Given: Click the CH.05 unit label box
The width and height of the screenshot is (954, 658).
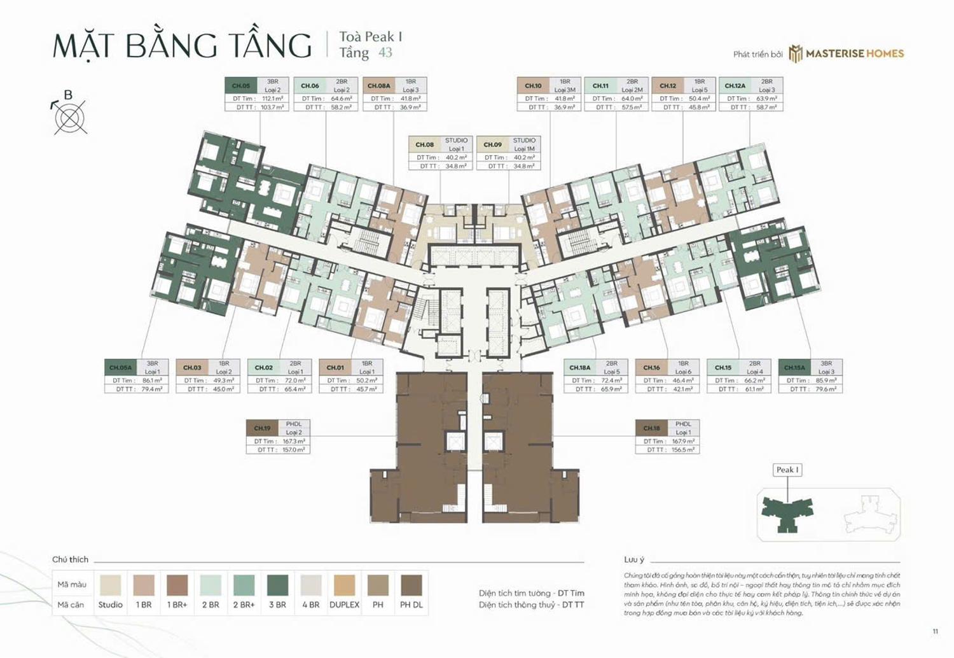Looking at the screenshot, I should [x=241, y=85].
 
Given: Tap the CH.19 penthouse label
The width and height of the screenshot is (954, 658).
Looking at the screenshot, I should [x=262, y=428].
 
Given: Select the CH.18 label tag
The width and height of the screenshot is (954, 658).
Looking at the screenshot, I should [x=651, y=428].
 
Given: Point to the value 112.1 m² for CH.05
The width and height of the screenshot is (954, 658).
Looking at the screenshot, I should [x=272, y=99].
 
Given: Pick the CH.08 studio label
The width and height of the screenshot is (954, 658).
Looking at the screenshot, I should [x=424, y=144].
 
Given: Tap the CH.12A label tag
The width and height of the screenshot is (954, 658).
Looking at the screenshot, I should [x=735, y=85].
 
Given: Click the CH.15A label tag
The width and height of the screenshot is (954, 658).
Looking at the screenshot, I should [x=794, y=367].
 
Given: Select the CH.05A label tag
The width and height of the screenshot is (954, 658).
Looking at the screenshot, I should [x=120, y=367].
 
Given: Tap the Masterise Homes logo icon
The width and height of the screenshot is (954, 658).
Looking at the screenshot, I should [x=796, y=54].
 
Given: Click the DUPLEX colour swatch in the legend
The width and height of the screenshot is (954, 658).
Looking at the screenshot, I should [x=344, y=585].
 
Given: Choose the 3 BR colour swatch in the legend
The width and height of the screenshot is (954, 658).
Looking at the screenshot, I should [x=277, y=585].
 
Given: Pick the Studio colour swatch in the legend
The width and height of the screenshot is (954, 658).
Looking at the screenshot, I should [x=110, y=585].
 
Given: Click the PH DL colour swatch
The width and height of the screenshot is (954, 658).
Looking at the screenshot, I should [x=411, y=585].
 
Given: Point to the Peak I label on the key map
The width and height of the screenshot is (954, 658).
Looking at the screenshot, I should [x=787, y=470].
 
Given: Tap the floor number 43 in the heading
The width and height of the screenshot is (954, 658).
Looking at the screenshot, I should [x=385, y=53].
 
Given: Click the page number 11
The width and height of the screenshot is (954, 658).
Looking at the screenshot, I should [x=935, y=631].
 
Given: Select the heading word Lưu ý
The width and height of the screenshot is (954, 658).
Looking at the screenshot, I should [x=634, y=559].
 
